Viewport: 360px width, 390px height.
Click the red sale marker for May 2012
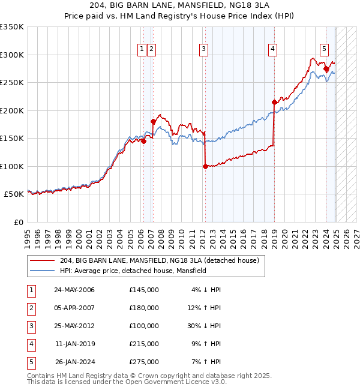(x=205, y=167)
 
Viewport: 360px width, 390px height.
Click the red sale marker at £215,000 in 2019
(x=274, y=102)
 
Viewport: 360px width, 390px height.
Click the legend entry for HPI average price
(x=133, y=271)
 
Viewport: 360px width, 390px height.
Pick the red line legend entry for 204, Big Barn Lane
(x=159, y=260)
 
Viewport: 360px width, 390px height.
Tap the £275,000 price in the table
(x=144, y=362)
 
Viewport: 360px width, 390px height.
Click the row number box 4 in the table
(x=31, y=344)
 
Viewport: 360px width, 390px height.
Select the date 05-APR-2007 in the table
(x=74, y=308)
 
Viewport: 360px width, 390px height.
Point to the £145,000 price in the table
(x=144, y=290)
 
